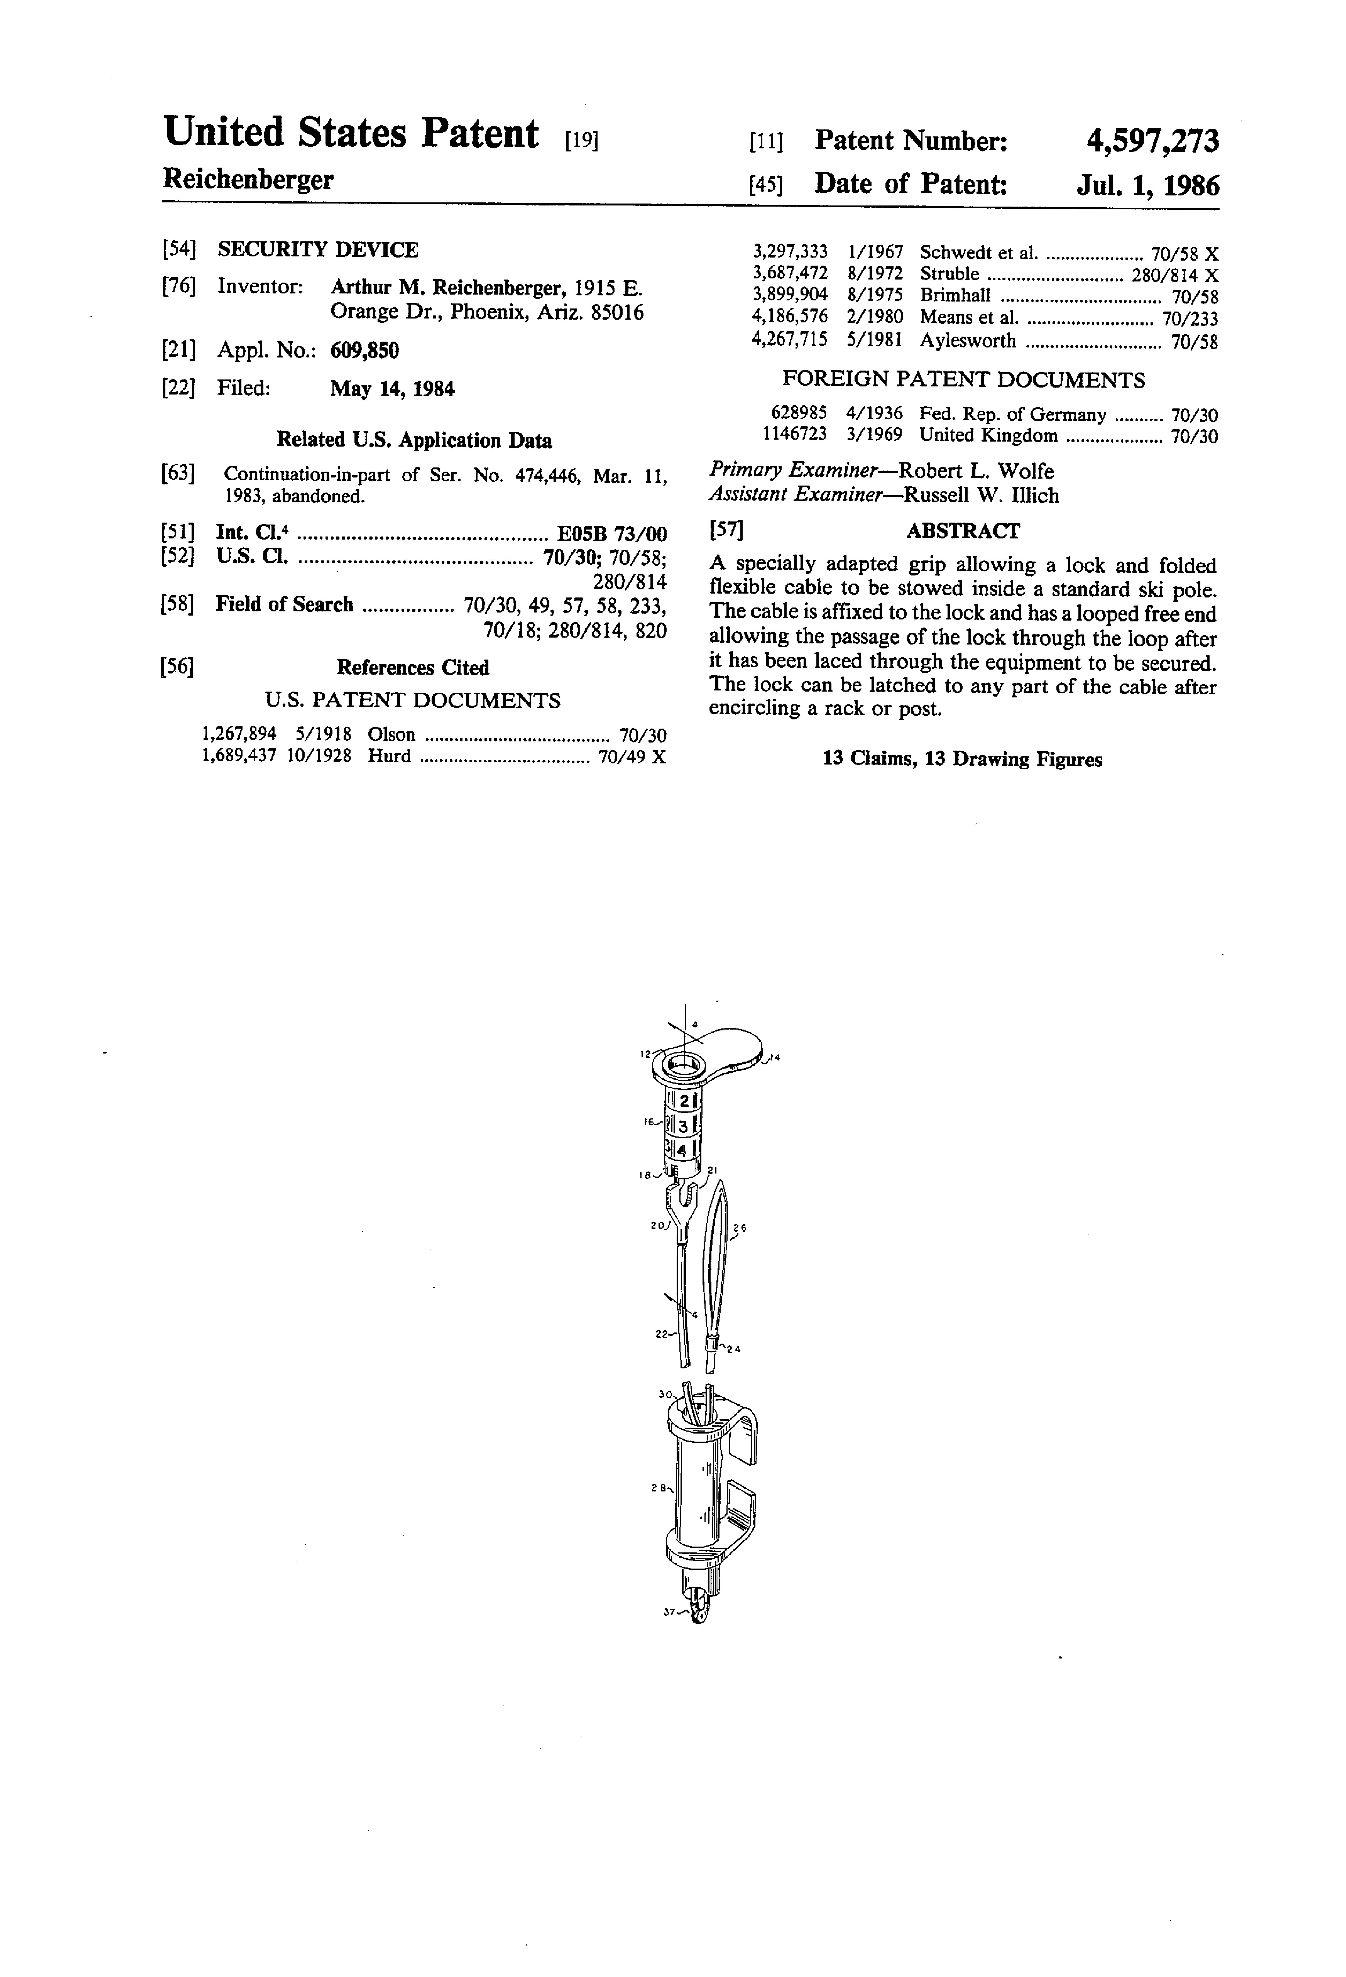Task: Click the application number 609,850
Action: tap(364, 351)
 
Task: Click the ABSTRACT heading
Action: tap(962, 531)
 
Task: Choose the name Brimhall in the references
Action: tap(955, 297)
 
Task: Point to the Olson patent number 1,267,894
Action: tap(239, 734)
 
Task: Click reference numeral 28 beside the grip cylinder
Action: tap(657, 1487)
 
